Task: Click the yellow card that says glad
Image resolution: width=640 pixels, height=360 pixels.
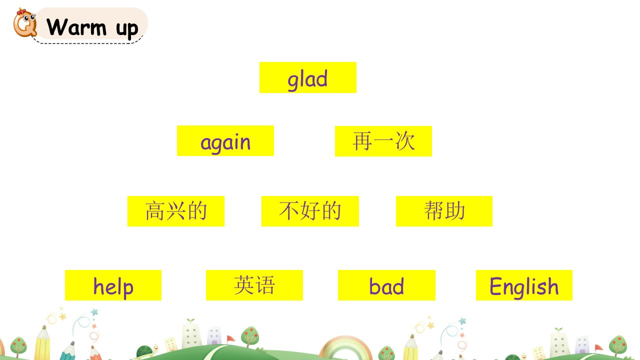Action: [x=307, y=77]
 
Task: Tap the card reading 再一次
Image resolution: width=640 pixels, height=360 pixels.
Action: [x=383, y=141]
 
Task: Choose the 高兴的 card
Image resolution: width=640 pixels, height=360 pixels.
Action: [x=175, y=211]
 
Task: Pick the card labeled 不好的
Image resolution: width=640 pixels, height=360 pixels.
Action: [x=310, y=211]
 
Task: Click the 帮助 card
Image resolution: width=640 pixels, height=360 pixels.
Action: [x=444, y=211]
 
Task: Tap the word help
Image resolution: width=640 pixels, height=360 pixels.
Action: [x=113, y=287]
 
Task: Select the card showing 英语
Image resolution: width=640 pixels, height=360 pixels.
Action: [x=254, y=285]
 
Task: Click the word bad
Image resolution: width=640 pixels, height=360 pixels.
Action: [x=386, y=286]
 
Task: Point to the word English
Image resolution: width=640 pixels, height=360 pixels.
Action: [x=524, y=287]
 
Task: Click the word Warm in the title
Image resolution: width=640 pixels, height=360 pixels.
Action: [x=76, y=27]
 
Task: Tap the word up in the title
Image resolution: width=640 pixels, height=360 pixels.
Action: [x=127, y=29]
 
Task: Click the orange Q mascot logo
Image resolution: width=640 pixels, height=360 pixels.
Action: [x=25, y=23]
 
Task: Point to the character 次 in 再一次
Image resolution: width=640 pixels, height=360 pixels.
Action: [x=405, y=141]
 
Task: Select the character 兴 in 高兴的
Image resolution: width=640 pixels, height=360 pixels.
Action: [x=175, y=211]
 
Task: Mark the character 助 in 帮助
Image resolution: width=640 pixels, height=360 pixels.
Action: [x=455, y=210]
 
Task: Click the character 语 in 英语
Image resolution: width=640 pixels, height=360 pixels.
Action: [x=265, y=285]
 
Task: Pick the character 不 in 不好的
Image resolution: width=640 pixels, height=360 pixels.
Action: [x=289, y=211]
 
